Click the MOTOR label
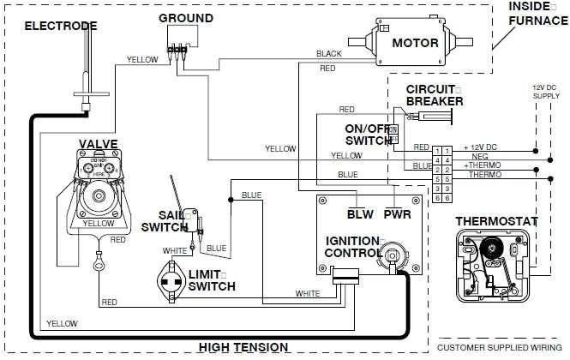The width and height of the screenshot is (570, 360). (x=416, y=43)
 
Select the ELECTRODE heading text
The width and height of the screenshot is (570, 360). (x=60, y=25)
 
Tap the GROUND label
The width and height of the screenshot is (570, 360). (x=186, y=18)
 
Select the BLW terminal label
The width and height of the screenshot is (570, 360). (x=360, y=213)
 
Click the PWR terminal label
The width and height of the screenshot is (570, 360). (x=396, y=213)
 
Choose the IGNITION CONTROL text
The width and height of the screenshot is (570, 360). (x=353, y=247)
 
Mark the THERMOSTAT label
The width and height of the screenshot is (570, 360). (x=496, y=221)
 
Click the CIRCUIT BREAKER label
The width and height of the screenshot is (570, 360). (x=435, y=95)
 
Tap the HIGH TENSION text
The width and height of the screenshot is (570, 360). (x=243, y=347)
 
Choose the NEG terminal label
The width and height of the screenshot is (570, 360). (x=472, y=157)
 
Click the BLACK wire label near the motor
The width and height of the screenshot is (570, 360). (x=328, y=53)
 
